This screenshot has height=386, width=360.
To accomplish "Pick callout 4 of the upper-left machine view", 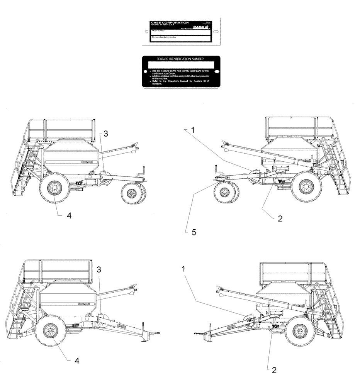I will coord(69,216).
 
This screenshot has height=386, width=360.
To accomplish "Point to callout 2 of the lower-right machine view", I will coord(274,370).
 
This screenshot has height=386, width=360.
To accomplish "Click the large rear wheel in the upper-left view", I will coord(54,188).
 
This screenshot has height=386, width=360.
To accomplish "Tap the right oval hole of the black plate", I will coord(217,72).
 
